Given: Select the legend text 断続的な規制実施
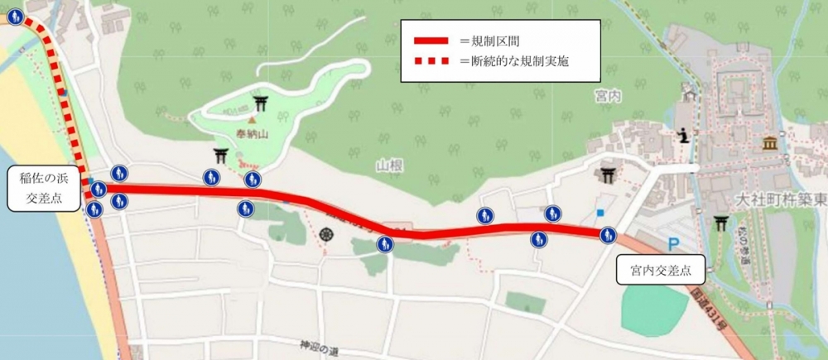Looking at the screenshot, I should tap(519, 61).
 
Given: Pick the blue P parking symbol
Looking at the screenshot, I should tap(673, 244).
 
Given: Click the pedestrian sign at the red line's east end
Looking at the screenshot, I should tap(609, 235).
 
